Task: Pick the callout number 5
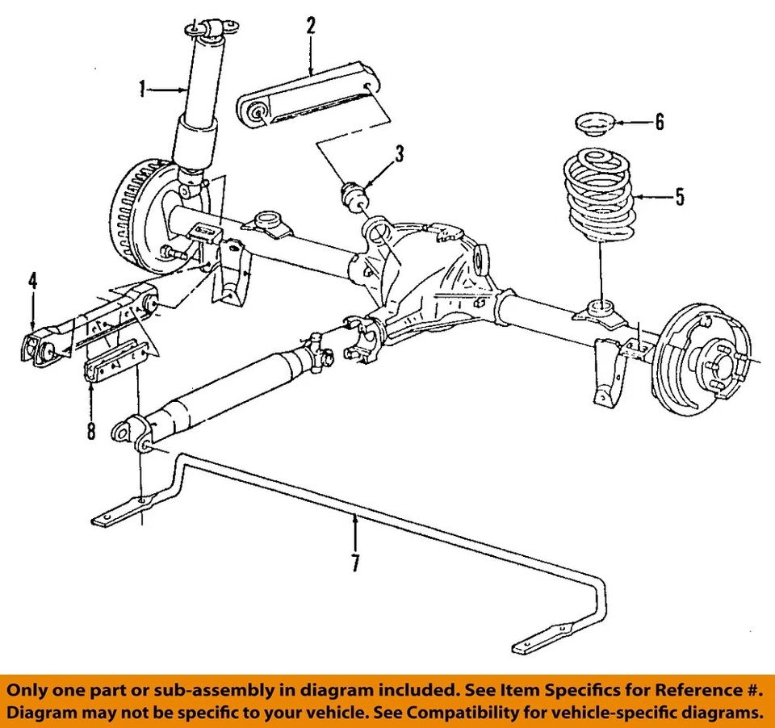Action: click(x=679, y=197)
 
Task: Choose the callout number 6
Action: click(x=660, y=123)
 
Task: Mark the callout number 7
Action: click(x=355, y=563)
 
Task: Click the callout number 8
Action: click(x=90, y=431)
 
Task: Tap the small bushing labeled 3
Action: click(x=352, y=196)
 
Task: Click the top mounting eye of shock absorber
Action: click(x=212, y=29)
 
